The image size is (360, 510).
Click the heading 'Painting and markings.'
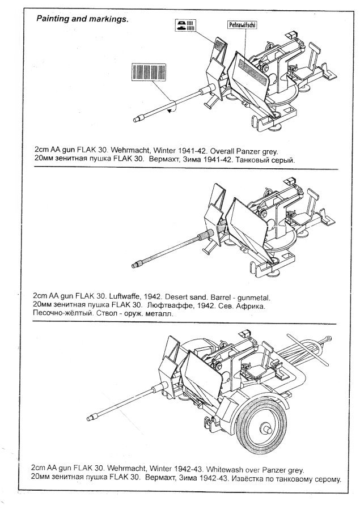[83, 19]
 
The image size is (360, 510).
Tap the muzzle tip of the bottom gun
[90, 419]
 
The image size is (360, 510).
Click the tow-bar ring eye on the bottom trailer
[325, 338]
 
